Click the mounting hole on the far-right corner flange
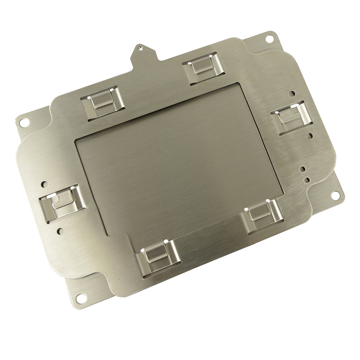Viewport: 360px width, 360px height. [335, 195]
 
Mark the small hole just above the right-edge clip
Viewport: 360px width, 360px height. [292, 94]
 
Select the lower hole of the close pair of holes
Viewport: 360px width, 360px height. [307, 179]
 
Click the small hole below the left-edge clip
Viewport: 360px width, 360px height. [60, 230]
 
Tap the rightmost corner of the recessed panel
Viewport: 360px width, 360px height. [283, 191]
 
